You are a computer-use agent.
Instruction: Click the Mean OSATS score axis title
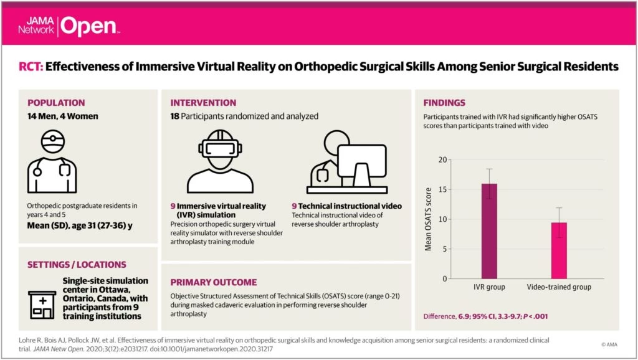point(428,219)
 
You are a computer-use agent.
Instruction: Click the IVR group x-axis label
point(489,287)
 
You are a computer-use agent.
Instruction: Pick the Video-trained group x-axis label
point(559,287)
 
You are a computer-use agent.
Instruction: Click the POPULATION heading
point(56,103)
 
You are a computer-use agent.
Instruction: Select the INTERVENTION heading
point(203,103)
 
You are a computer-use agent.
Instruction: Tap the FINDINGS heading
point(444,103)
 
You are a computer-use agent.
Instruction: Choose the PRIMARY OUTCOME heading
point(213,282)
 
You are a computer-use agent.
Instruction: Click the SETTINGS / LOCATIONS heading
point(77,265)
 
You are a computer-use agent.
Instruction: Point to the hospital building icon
point(42,303)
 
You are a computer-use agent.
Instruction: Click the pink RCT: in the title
point(30,67)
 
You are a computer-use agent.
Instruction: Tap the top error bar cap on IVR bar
point(489,169)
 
